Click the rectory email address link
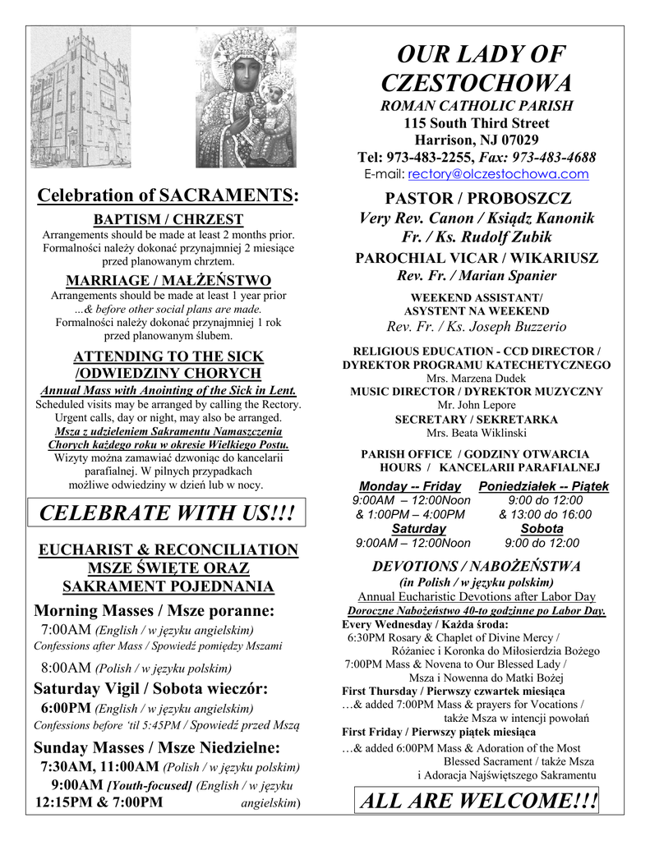coord(498,174)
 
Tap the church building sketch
coord(81,98)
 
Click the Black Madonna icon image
coord(246,98)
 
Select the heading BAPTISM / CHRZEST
coord(168,219)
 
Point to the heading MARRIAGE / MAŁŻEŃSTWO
coord(168,279)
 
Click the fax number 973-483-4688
coord(553,157)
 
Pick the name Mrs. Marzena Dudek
coord(477,379)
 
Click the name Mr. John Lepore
coord(477,405)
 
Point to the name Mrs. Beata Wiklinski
coord(477,433)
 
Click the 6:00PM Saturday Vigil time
coord(66,708)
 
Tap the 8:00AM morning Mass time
coord(66,667)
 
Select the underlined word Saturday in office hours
coord(418,529)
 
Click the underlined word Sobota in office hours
coord(542,529)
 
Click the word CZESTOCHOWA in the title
coord(477,83)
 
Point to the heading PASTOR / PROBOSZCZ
coord(477,199)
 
